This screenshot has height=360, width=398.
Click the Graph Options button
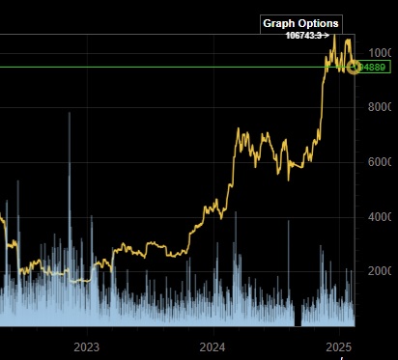pyautogui.click(x=300, y=22)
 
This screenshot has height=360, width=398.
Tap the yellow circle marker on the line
pyautogui.click(x=355, y=67)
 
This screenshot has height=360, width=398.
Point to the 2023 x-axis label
pyautogui.click(x=87, y=346)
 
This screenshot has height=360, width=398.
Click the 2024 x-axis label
pyautogui.click(x=213, y=346)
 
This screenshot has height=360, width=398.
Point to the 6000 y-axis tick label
pyautogui.click(x=383, y=162)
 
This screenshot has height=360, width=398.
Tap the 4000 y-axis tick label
pyautogui.click(x=383, y=217)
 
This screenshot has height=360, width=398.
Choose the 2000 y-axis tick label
pyautogui.click(x=383, y=272)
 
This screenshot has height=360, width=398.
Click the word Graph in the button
pyautogui.click(x=280, y=22)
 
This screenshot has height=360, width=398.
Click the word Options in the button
pyautogui.click(x=319, y=22)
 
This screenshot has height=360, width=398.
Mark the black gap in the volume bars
pyautogui.click(x=298, y=316)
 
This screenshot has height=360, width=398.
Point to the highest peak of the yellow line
pyautogui.click(x=334, y=36)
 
